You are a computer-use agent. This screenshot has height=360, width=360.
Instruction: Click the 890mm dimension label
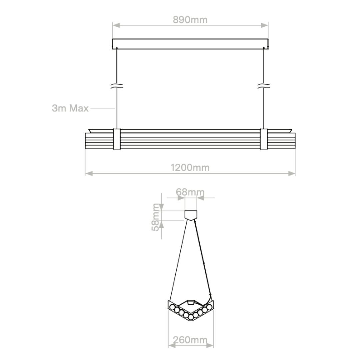[190, 20]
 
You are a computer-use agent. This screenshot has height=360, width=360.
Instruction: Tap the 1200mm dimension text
[190, 168]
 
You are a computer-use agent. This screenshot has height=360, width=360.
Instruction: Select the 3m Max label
[70, 108]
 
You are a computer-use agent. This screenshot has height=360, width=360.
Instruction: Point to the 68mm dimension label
[190, 192]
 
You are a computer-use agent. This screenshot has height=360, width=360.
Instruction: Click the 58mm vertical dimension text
[156, 217]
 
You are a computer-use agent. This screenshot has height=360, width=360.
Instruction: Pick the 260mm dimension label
[190, 340]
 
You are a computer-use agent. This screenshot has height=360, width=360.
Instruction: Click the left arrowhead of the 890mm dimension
[116, 25]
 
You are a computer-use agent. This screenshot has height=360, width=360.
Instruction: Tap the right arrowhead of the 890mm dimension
[264, 25]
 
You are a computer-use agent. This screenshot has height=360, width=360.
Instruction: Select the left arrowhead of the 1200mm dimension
[89, 173]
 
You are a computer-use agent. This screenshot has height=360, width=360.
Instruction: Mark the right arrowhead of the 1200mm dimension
[292, 173]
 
